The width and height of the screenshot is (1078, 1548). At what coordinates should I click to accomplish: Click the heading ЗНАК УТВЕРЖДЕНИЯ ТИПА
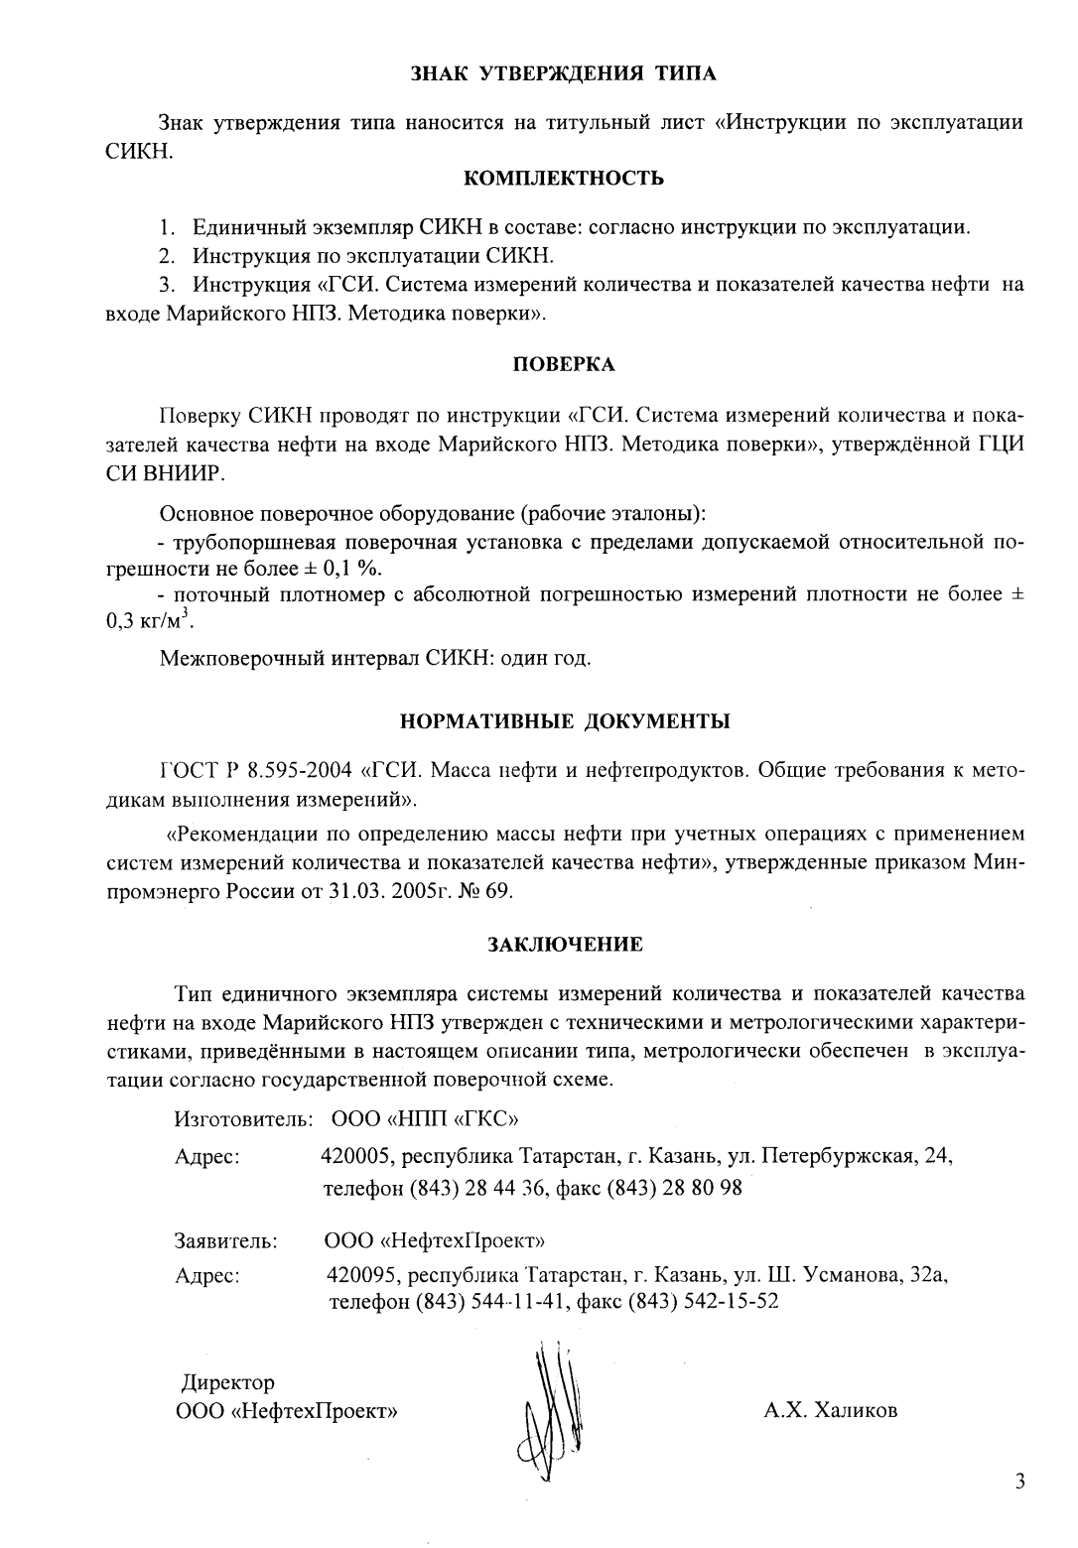564,72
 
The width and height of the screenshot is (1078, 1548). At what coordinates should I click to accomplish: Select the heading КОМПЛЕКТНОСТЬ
564,179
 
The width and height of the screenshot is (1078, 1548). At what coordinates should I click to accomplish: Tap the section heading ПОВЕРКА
564,364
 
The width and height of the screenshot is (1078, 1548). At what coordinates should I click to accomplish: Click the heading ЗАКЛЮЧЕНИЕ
564,945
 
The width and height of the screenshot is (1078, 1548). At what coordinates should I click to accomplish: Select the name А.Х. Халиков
830,1410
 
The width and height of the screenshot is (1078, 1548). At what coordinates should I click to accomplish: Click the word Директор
227,1382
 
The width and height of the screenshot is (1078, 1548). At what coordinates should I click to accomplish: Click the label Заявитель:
225,1240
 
